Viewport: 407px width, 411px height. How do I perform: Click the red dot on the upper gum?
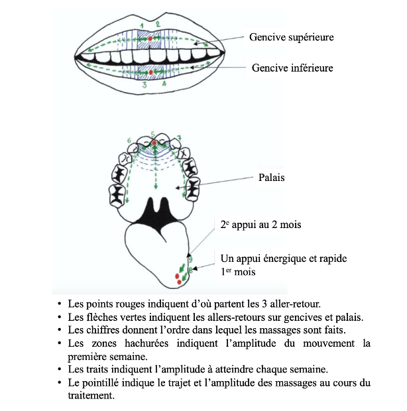click(150, 40)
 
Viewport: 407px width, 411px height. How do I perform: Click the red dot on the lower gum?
click(151, 71)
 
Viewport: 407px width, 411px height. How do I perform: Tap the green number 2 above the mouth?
click(158, 24)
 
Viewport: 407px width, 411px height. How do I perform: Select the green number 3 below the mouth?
click(144, 86)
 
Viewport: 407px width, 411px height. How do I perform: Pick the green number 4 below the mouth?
click(164, 86)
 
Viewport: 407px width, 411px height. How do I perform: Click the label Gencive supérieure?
click(291, 37)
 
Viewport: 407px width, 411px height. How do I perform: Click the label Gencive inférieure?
click(292, 68)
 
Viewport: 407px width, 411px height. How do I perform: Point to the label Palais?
click(271, 178)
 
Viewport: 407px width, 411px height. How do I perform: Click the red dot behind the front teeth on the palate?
click(154, 143)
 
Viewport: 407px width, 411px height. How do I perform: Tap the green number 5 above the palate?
click(153, 134)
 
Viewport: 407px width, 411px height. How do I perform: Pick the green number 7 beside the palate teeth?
click(179, 137)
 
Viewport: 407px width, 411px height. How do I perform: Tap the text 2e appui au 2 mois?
click(261, 225)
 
